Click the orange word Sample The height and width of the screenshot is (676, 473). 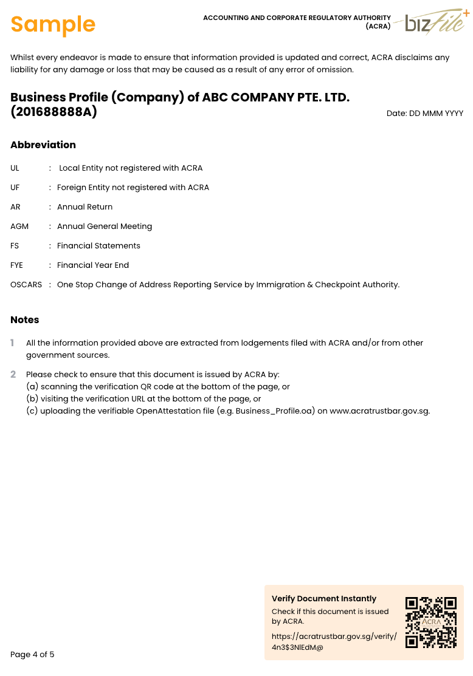point(53,24)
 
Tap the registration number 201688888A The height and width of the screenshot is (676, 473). point(54,112)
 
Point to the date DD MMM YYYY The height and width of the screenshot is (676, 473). point(425,114)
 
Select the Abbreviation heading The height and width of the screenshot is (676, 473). point(43,145)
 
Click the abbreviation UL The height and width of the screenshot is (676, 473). point(15,168)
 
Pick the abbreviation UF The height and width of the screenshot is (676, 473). point(15,188)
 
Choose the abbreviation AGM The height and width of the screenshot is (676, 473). point(19,227)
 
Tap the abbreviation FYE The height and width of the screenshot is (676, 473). point(17,265)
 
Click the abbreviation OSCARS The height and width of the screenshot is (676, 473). point(26,285)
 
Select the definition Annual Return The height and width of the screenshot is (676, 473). point(85,207)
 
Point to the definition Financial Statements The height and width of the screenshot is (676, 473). point(98,246)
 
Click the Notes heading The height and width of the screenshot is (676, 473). point(25,319)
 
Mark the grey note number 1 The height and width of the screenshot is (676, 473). point(13,343)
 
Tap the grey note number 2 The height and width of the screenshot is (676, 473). point(13,375)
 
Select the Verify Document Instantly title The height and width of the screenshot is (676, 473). point(324,599)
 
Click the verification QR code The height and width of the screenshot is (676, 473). point(431,622)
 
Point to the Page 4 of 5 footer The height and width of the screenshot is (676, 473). point(32,655)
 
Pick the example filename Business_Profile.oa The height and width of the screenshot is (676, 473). point(275,411)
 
